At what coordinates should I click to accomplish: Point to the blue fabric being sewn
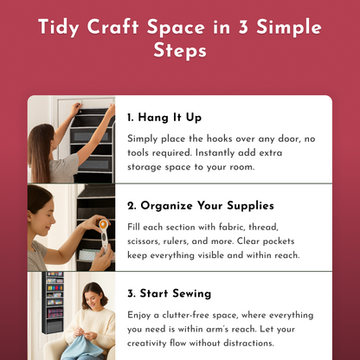(74, 350)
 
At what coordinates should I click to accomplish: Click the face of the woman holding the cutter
(45, 205)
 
